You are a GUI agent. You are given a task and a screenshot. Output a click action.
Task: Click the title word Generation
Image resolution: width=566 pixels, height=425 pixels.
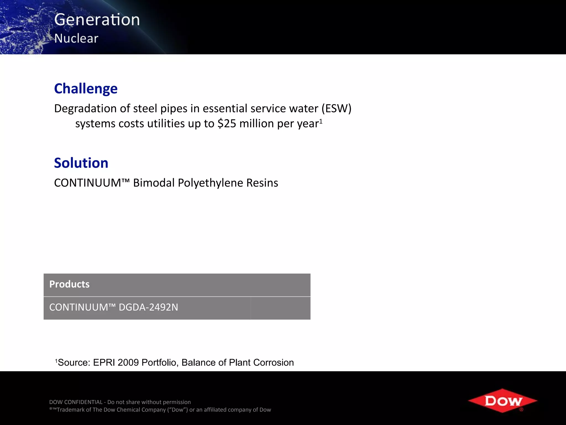pyautogui.click(x=97, y=20)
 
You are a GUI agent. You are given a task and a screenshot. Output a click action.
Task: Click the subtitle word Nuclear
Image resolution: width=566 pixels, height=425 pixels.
pyautogui.click(x=76, y=38)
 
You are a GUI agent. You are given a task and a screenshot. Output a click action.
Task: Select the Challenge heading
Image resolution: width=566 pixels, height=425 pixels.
pyautogui.click(x=86, y=89)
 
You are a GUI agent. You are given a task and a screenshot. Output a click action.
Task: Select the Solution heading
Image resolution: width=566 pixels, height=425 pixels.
pyautogui.click(x=81, y=163)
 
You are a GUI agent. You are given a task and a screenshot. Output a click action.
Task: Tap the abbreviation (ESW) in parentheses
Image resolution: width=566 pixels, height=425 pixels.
pyautogui.click(x=336, y=108)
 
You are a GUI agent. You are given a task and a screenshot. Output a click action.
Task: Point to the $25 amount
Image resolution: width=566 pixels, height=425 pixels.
pyautogui.click(x=227, y=123)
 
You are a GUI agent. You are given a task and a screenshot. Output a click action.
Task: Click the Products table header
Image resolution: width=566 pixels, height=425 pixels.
pyautogui.click(x=69, y=284)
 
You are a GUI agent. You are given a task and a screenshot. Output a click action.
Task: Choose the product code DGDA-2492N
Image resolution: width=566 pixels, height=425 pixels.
pyautogui.click(x=148, y=307)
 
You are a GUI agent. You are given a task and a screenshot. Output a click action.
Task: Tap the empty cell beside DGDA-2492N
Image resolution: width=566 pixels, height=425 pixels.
pyautogui.click(x=280, y=308)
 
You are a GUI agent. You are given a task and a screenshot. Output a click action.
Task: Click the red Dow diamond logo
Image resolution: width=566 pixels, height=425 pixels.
pyautogui.click(x=502, y=400)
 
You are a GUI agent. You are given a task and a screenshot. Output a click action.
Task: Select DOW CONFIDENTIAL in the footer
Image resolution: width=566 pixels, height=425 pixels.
pyautogui.click(x=76, y=402)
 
